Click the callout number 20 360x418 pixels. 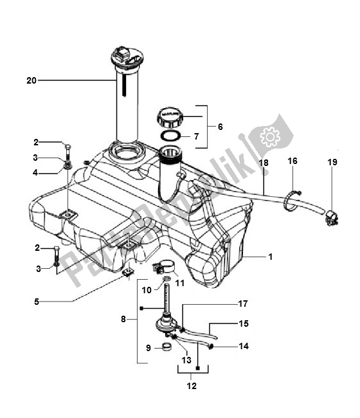pos(32,80)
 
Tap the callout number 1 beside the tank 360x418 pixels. pos(271,257)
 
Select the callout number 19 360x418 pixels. pos(332,163)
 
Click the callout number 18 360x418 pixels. pos(263,163)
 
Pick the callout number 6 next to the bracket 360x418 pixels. pos(220,127)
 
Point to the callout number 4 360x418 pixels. pos(37,172)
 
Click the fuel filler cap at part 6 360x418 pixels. pos(170,118)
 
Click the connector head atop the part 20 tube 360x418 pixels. pos(123,54)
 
